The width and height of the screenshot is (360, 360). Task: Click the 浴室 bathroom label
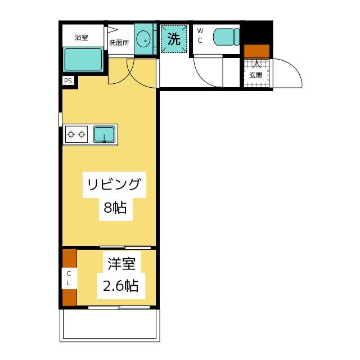pos(81,38)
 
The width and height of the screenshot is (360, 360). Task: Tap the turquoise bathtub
pos(83,60)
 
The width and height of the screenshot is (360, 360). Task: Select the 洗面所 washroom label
pos(119,43)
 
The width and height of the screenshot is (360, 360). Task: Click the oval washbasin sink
pos(143,39)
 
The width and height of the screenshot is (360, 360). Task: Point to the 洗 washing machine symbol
pos(174,39)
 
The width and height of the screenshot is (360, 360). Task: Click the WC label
pos(200,35)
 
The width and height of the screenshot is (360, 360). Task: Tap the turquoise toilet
pos(227,37)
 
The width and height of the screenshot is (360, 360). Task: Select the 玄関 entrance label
pos(256,75)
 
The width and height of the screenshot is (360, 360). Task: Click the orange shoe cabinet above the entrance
pos(256,51)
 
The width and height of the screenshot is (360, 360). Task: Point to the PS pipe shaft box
pos(68,81)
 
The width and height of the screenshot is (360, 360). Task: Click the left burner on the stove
pos(71,134)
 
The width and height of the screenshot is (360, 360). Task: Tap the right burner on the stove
pos(82,134)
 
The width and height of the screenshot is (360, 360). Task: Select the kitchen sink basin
pos(104,134)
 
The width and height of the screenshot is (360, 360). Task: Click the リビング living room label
pos(114,184)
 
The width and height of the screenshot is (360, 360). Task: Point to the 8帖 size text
pos(115,208)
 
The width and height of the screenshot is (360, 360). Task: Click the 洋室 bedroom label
pos(121,264)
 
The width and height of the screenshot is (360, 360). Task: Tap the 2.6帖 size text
pos(120,286)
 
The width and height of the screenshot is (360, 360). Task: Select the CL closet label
pos(69,278)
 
